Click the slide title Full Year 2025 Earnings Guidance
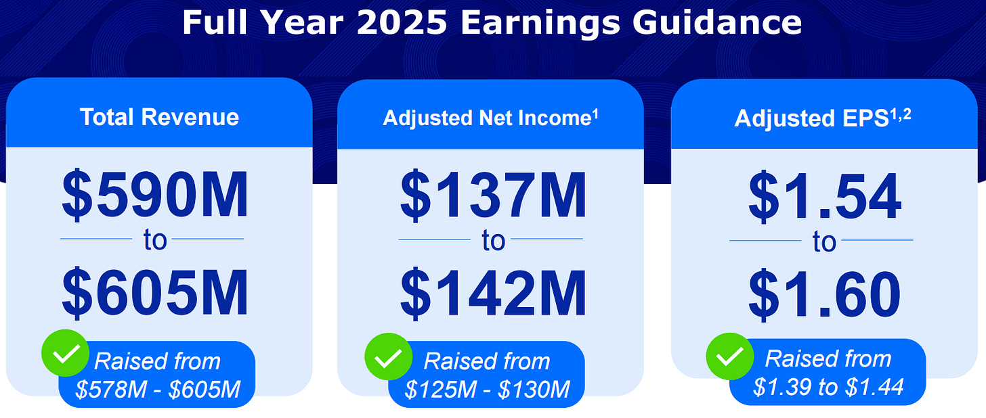coord(492,22)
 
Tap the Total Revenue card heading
coord(159,117)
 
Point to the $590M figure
coord(155,195)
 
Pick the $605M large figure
coord(155,293)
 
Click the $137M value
coord(493,195)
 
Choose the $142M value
coord(493,293)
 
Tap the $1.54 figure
coord(824,197)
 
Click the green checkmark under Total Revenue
coord(65,353)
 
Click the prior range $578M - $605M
coord(158,390)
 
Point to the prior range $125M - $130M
coord(487,390)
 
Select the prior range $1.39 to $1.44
coord(828,387)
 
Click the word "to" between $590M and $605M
coord(155,240)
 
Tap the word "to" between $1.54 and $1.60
coord(824,241)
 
